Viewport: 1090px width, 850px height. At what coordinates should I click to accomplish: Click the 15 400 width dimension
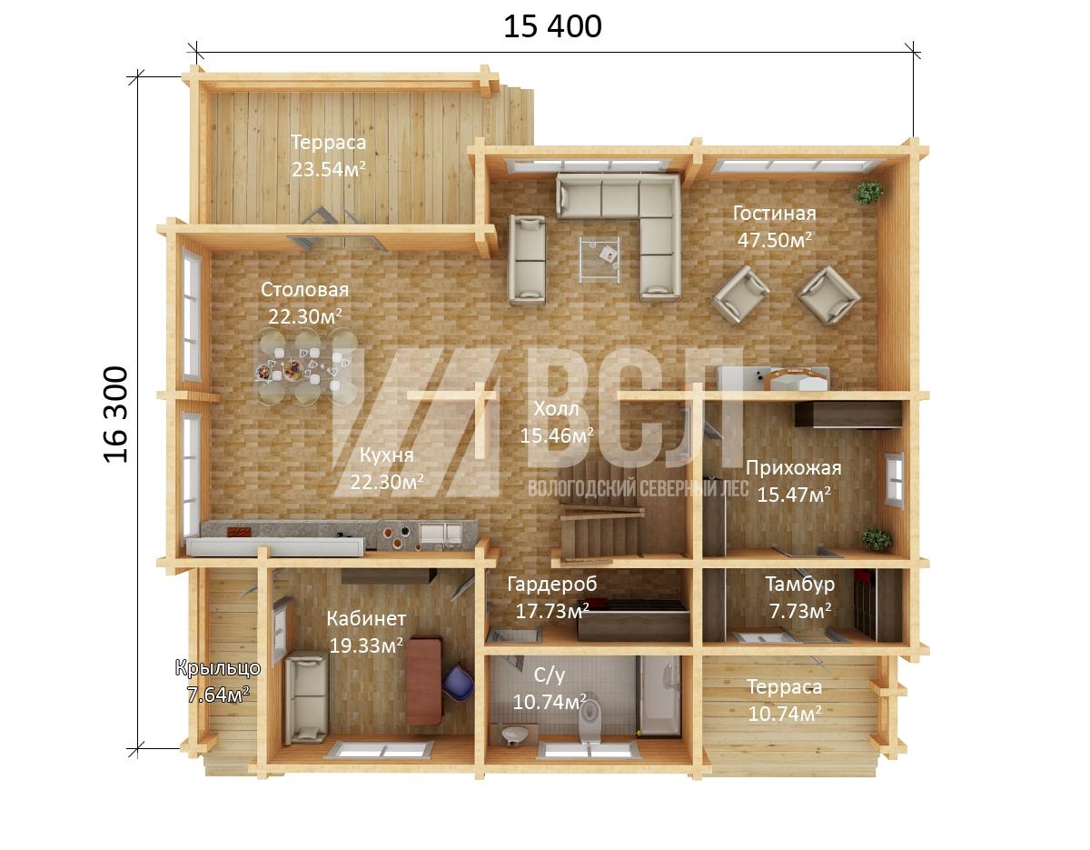click(552, 26)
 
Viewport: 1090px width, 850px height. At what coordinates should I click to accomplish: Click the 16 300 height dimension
click(116, 415)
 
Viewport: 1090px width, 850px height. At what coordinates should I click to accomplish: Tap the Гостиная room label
click(775, 214)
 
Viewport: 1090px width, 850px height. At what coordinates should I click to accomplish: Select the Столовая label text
click(304, 290)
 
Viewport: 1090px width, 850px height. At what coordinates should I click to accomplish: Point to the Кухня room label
click(387, 455)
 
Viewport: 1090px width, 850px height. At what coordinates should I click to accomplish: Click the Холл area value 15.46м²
click(557, 435)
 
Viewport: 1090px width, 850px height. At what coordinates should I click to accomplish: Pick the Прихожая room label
click(794, 468)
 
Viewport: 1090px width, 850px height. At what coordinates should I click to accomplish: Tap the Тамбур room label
click(800, 584)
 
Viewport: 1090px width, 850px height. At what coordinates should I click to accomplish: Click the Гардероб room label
click(552, 584)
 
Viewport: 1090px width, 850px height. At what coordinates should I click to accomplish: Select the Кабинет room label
click(366, 618)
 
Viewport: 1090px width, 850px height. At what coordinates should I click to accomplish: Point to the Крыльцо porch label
click(218, 668)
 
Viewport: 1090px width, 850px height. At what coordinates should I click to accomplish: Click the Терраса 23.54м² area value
click(329, 169)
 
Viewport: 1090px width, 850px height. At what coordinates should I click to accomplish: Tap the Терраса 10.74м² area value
click(785, 714)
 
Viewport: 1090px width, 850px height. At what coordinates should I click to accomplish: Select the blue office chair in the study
click(459, 682)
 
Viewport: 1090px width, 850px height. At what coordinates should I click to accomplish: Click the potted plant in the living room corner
click(868, 193)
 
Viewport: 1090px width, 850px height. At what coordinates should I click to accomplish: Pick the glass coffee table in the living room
click(599, 259)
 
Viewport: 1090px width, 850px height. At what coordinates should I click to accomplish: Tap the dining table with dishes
click(305, 366)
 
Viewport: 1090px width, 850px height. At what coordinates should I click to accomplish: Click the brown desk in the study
click(424, 680)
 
